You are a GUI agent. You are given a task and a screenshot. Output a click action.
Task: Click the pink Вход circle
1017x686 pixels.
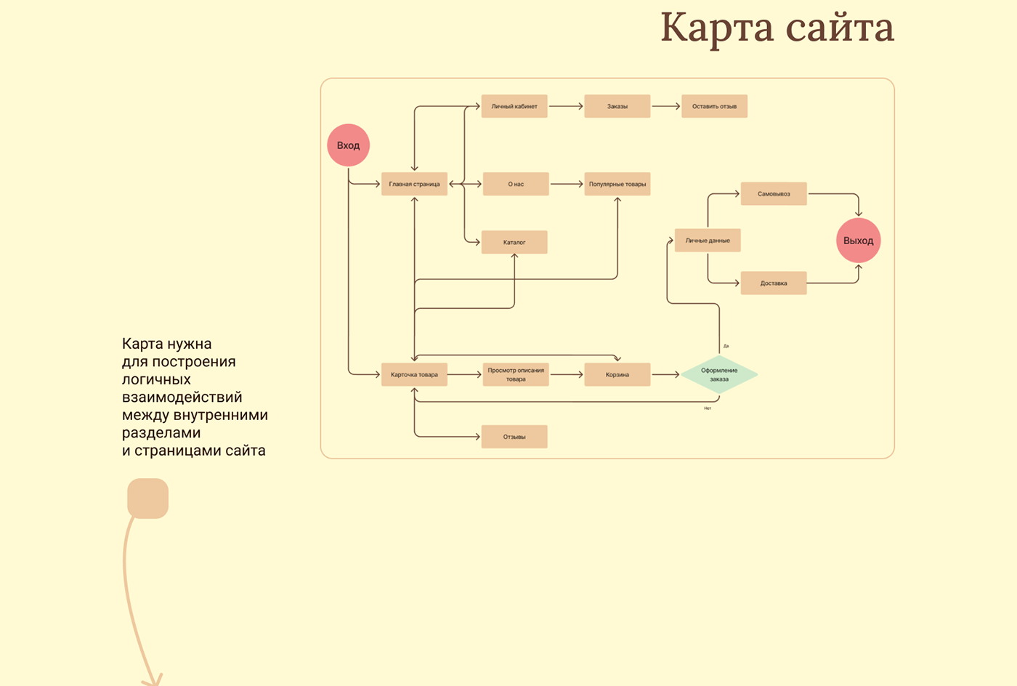(349, 145)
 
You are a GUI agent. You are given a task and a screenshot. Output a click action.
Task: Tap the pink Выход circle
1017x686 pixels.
(858, 241)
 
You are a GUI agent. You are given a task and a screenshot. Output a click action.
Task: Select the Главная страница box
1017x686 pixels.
(414, 184)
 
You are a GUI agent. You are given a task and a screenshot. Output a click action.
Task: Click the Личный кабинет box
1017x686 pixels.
(514, 106)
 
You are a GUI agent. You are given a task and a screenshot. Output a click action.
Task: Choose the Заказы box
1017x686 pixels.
(617, 106)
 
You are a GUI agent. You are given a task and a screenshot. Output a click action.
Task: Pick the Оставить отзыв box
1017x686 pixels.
(714, 106)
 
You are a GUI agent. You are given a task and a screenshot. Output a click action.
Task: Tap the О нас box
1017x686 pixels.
(516, 184)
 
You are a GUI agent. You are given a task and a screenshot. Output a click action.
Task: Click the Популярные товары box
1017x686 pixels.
(617, 184)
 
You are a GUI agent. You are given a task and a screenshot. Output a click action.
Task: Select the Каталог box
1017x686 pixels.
(514, 242)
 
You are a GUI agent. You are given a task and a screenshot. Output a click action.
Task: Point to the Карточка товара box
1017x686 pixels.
(414, 374)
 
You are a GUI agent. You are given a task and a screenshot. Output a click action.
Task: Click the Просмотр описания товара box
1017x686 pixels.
(516, 374)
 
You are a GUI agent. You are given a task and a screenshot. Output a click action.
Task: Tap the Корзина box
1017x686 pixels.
(617, 374)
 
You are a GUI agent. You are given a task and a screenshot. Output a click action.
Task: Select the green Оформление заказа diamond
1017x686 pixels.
(719, 374)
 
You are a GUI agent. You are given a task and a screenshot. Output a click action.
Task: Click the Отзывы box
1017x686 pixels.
(514, 437)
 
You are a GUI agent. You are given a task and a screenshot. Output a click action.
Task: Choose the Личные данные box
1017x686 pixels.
(708, 241)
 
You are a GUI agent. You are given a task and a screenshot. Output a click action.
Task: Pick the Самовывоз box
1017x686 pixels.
(774, 194)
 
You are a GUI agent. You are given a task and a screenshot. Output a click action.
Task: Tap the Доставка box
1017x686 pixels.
(774, 283)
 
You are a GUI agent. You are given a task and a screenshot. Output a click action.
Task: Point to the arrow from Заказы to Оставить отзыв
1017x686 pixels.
(665, 106)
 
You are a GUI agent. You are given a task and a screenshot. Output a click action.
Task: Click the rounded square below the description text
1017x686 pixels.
(148, 499)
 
